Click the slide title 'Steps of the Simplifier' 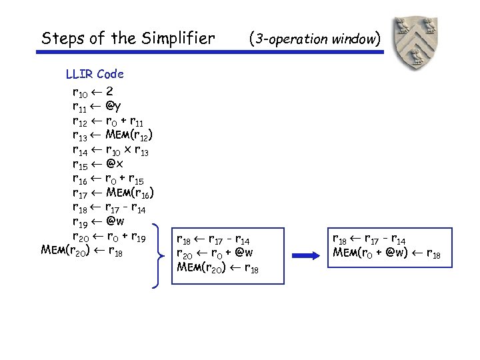(128, 39)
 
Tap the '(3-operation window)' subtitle (314, 39)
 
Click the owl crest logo (416, 43)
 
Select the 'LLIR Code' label (95, 74)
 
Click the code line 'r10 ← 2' (93, 91)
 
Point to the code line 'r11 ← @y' (97, 106)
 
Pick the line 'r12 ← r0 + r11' (107, 121)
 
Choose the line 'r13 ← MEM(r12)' (113, 135)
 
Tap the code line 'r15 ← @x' (97, 164)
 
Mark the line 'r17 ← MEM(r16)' (114, 193)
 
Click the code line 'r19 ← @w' (97, 222)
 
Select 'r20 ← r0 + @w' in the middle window (215, 253)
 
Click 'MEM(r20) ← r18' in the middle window (219, 267)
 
